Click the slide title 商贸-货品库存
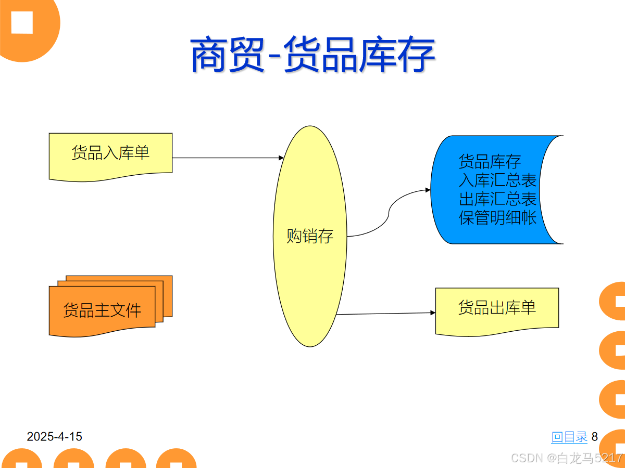click(312, 55)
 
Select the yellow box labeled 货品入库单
click(110, 154)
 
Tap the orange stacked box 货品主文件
click(102, 310)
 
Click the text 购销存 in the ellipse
click(310, 237)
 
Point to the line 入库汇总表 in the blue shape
click(497, 180)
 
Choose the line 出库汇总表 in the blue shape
click(497, 199)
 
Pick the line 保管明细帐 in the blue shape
click(497, 218)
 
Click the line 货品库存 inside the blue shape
click(490, 162)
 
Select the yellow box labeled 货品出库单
click(497, 308)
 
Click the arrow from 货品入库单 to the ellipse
click(224, 158)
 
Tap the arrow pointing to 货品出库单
click(385, 314)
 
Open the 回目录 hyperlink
click(569, 437)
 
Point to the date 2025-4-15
click(55, 437)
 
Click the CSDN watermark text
click(567, 458)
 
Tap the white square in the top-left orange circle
click(22, 22)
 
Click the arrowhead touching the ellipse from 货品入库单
click(281, 158)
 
